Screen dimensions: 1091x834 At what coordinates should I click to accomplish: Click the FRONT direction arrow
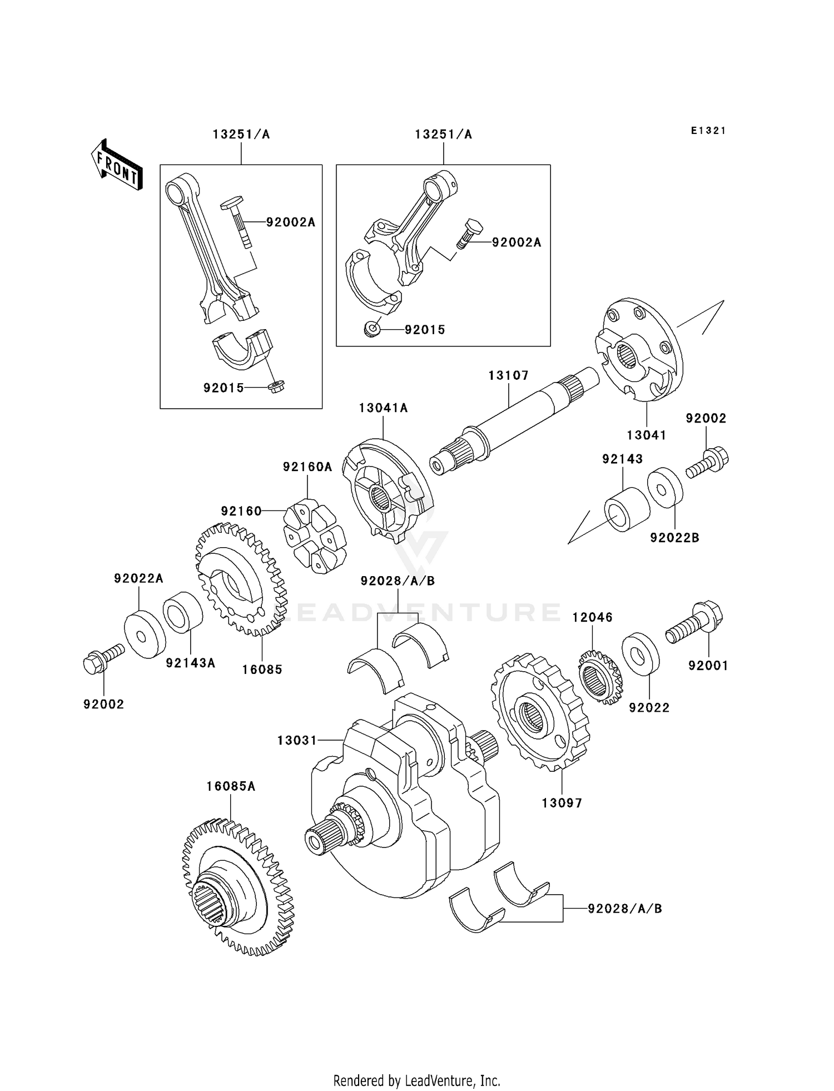117,165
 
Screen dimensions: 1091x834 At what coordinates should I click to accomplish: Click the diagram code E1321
708,131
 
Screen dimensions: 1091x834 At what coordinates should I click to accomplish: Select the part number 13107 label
508,376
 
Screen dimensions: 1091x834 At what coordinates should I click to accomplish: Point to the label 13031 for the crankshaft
297,741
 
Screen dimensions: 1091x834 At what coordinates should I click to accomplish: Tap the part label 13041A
383,408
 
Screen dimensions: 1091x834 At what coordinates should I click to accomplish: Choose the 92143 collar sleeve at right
627,509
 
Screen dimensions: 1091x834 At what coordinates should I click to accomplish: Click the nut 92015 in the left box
276,387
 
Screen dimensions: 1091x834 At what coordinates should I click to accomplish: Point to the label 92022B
674,538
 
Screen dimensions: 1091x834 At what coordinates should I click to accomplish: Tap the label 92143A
190,663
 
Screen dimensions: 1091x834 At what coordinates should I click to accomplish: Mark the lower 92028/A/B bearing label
625,909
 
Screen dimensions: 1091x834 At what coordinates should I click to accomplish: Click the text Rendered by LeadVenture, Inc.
416,1080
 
